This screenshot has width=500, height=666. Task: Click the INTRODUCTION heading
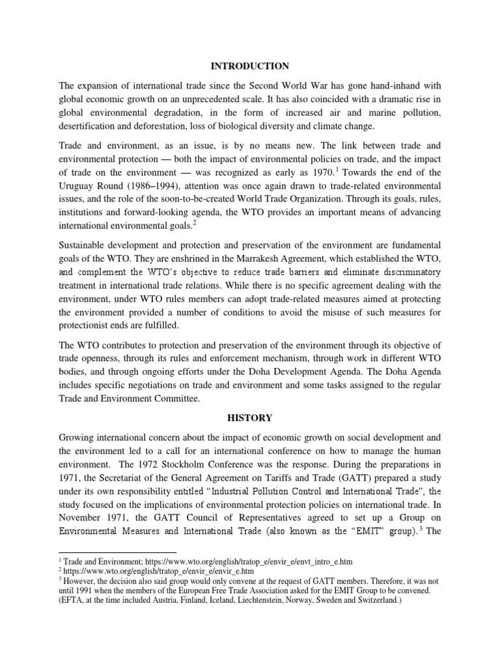[249, 66]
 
